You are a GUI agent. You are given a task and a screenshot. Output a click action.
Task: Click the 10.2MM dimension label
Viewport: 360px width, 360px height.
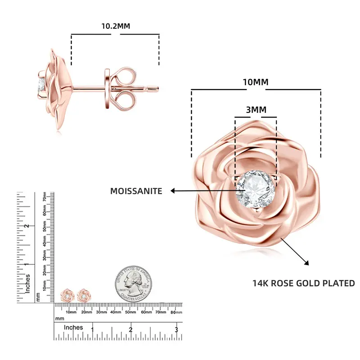coord(115,26)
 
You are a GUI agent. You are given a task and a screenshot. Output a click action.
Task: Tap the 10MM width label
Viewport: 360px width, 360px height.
coord(255,82)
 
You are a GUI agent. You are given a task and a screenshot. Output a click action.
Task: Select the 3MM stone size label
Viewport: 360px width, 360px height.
coord(256,109)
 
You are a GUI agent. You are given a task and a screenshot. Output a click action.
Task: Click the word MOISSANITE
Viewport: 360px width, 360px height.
coord(136,191)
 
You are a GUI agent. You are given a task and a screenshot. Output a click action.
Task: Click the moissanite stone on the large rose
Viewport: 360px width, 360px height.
coord(255,189)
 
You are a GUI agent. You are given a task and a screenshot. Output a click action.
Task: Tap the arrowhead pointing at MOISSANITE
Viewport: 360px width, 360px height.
coord(173,191)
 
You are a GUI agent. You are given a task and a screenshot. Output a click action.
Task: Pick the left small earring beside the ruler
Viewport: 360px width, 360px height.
coord(68,296)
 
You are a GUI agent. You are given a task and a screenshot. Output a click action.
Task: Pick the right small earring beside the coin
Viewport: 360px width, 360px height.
coord(83,295)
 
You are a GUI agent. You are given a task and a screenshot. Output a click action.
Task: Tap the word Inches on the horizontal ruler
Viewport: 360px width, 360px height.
coord(73,328)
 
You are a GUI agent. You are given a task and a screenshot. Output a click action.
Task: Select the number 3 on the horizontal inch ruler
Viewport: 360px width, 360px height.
coord(176,330)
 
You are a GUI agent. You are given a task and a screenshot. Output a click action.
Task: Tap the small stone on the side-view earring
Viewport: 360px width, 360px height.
coord(41,84)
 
